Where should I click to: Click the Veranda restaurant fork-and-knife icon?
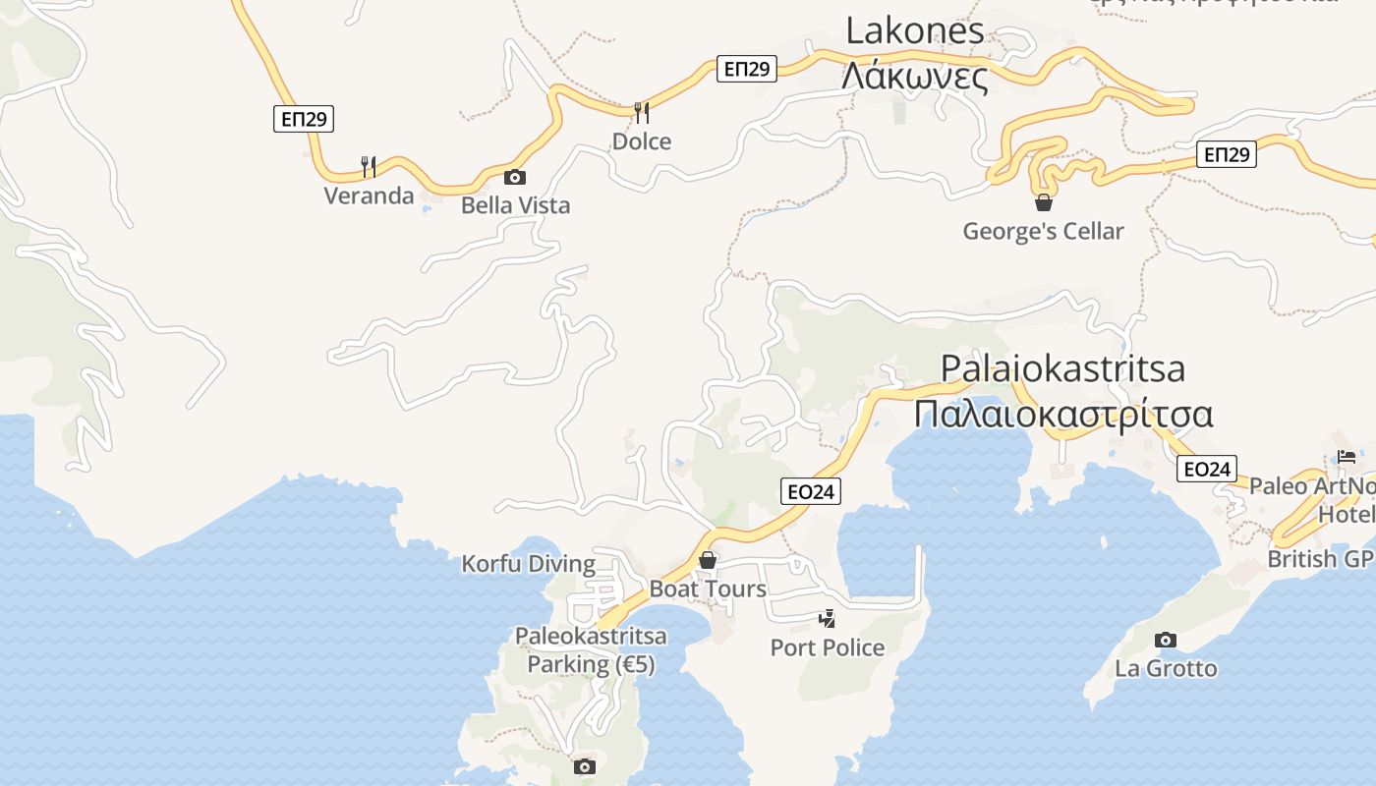pos(369,166)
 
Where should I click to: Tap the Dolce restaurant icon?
pos(642,112)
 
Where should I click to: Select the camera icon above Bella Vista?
pos(514,178)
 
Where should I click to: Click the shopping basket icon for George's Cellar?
pos(1044,202)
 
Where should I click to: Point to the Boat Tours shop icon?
pos(708,560)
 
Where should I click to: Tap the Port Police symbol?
pos(829,619)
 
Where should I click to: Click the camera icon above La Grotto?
pos(1165,641)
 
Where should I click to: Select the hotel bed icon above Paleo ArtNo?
pos(1347,457)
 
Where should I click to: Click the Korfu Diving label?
pos(529,564)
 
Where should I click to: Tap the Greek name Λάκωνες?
pos(914,75)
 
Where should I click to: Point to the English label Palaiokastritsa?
pos(1062,368)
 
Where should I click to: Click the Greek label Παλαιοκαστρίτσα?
pos(1062,414)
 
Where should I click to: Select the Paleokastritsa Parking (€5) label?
pos(591,650)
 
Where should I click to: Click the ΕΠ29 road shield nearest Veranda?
pos(305,120)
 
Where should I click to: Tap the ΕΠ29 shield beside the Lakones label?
pos(748,69)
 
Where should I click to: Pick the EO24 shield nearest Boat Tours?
pos(811,491)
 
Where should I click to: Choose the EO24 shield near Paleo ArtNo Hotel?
pos(1206,470)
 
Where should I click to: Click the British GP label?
pos(1320,559)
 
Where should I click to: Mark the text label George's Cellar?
pos(1043,231)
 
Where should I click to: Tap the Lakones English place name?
pos(914,31)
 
